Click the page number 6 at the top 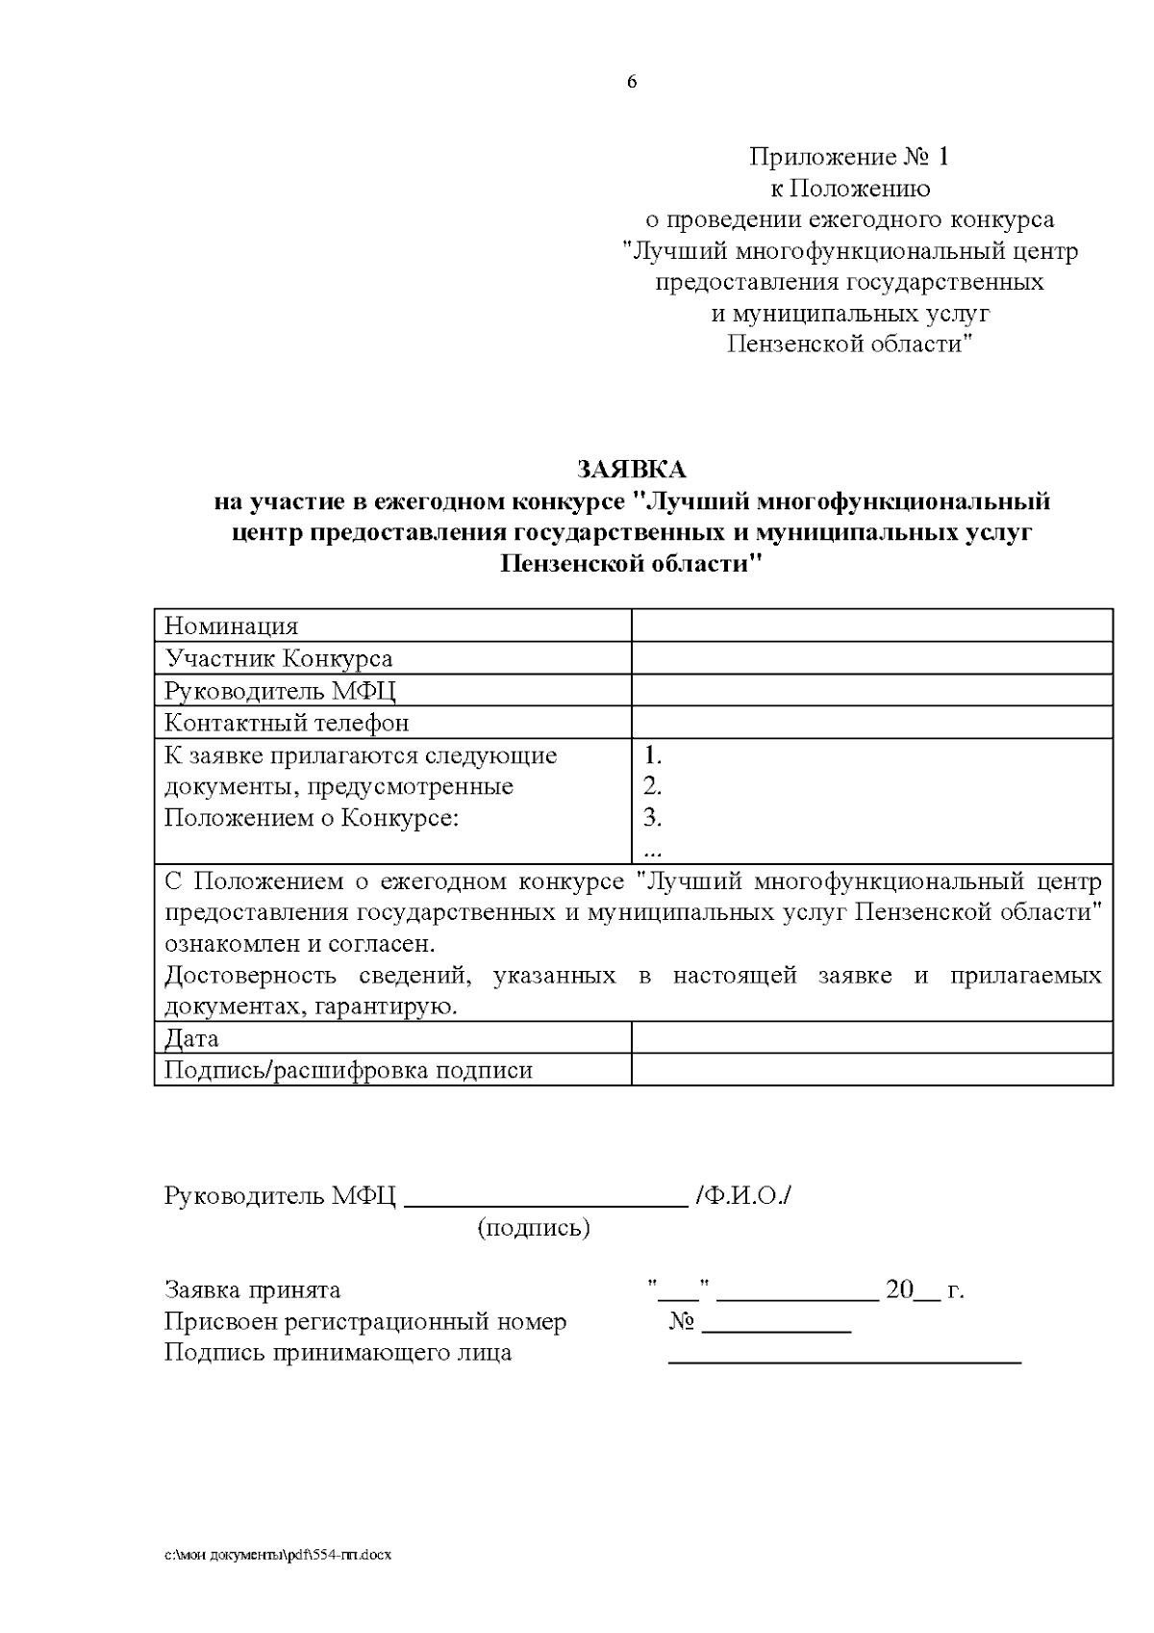pyautogui.click(x=632, y=82)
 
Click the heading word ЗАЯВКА pyautogui.click(x=632, y=470)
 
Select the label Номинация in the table pyautogui.click(x=232, y=626)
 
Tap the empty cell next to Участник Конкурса pyautogui.click(x=871, y=659)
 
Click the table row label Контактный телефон pyautogui.click(x=287, y=723)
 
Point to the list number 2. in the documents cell pyautogui.click(x=653, y=786)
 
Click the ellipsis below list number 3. pyautogui.click(x=652, y=850)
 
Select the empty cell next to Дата pyautogui.click(x=871, y=1038)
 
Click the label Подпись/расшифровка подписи pyautogui.click(x=348, y=1070)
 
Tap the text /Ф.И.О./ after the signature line pyautogui.click(x=743, y=1196)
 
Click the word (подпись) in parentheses pyautogui.click(x=534, y=1228)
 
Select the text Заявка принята pyautogui.click(x=253, y=1289)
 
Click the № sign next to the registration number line pyautogui.click(x=682, y=1322)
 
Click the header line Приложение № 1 pyautogui.click(x=849, y=156)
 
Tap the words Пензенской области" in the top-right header pyautogui.click(x=850, y=344)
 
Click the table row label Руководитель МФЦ pyautogui.click(x=280, y=691)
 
